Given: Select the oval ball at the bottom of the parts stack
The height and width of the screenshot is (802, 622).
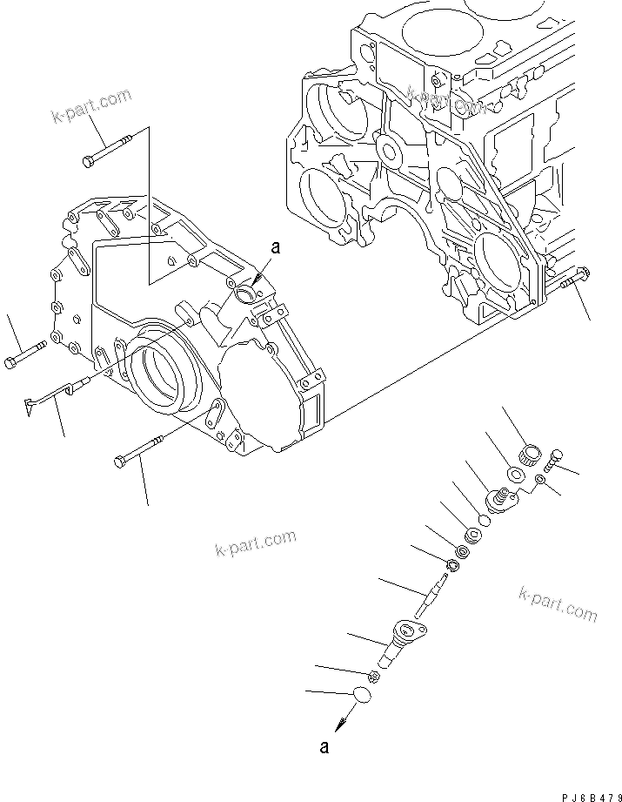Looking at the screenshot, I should (363, 695).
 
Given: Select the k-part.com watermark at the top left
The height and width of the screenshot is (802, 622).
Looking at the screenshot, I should (91, 106).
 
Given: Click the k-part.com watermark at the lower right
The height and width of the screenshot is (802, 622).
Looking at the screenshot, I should (558, 603).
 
